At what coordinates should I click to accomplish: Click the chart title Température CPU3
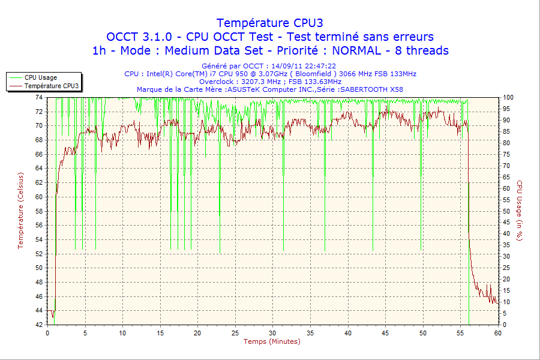tap(270, 23)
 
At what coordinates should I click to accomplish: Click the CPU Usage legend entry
tap(41, 77)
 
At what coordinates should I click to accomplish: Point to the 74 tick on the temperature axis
tap(39, 97)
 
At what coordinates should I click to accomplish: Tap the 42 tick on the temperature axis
tap(39, 325)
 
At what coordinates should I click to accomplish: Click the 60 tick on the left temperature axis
tap(39, 197)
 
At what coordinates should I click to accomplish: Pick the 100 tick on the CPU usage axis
tap(508, 97)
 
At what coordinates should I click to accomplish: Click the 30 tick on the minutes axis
tap(272, 333)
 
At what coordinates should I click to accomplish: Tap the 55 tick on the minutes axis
tap(460, 333)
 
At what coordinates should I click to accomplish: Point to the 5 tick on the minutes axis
tap(85, 333)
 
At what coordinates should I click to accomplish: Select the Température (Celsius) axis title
tap(21, 210)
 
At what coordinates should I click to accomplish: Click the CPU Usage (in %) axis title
tap(520, 210)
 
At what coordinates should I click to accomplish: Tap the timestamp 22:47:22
tap(320, 66)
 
